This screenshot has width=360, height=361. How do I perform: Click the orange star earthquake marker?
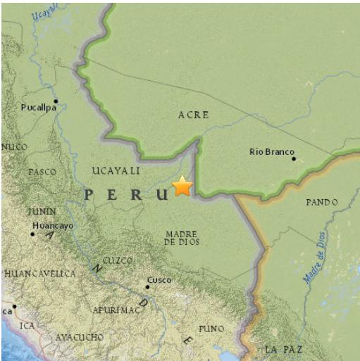[x=182, y=186]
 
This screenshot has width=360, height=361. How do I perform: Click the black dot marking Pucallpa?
[x=56, y=101]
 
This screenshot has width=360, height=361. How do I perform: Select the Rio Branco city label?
[x=271, y=151]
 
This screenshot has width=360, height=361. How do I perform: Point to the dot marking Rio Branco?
[x=294, y=159]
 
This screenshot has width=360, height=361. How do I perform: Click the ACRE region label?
[x=193, y=115]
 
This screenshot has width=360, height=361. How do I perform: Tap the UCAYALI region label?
[x=116, y=171]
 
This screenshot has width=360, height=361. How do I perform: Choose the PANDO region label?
[x=322, y=202]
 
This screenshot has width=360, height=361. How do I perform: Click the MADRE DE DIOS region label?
[x=182, y=237]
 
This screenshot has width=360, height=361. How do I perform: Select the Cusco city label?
[x=159, y=279]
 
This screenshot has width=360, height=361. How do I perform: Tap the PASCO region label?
[x=42, y=172]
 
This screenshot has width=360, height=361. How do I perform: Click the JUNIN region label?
[x=42, y=211]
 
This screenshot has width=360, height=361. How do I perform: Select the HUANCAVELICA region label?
[x=39, y=273]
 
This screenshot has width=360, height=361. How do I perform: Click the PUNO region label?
[x=211, y=329]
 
